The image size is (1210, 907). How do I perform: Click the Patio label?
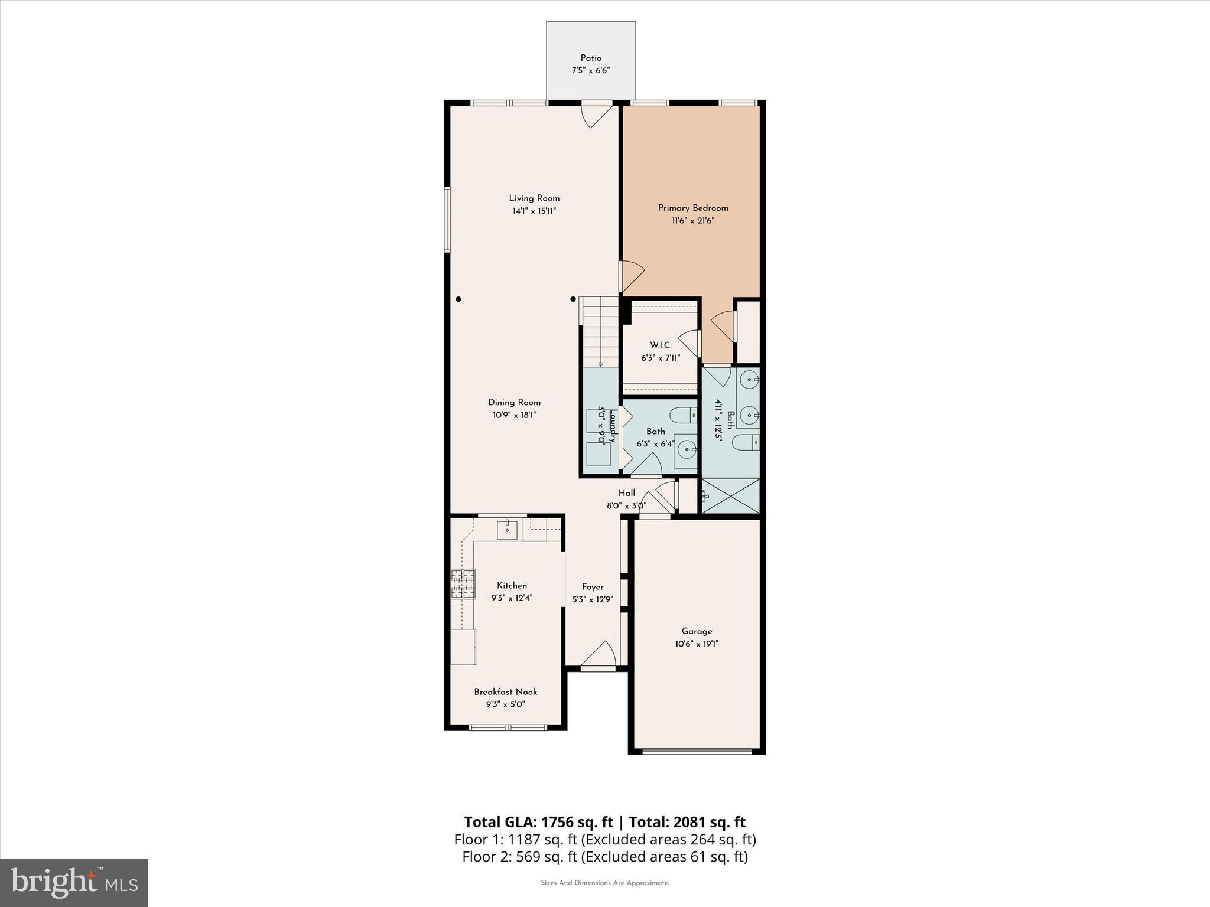(590, 58)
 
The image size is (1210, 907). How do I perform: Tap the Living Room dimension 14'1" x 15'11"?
(534, 211)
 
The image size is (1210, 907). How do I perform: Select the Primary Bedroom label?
(693, 208)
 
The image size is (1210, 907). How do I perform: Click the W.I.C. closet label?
(661, 345)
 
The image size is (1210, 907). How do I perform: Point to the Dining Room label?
(514, 402)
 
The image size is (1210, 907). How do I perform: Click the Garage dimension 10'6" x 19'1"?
(697, 644)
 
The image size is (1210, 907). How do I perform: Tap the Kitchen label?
(512, 585)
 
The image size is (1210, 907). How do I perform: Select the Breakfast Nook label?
(506, 691)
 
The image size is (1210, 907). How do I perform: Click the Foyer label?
(593, 586)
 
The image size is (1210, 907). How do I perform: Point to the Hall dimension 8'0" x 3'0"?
(626, 505)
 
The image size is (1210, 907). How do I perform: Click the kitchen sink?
(507, 529)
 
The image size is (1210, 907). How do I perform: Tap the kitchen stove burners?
(463, 584)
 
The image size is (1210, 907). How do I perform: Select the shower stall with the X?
(730, 495)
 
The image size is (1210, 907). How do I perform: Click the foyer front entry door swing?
(599, 655)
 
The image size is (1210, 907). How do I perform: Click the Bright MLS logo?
(74, 882)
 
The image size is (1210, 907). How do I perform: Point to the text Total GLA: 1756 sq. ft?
(538, 822)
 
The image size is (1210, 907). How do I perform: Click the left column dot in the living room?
(458, 299)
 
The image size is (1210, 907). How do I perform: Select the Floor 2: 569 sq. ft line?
(604, 856)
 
